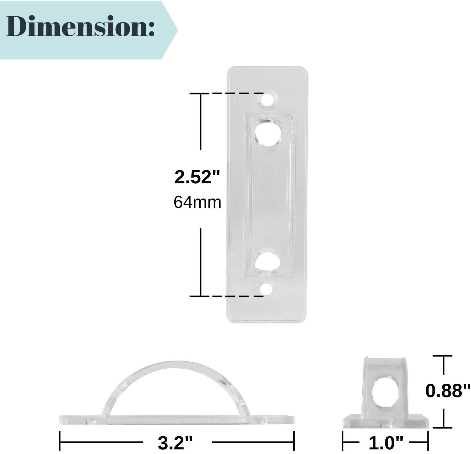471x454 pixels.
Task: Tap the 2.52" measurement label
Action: [198, 177]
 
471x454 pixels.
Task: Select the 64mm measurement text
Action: [198, 202]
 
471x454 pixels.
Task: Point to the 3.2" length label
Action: [175, 443]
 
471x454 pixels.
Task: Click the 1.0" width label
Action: [386, 443]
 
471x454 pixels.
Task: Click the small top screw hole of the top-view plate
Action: [267, 99]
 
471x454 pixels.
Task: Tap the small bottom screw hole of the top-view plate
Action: [266, 289]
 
